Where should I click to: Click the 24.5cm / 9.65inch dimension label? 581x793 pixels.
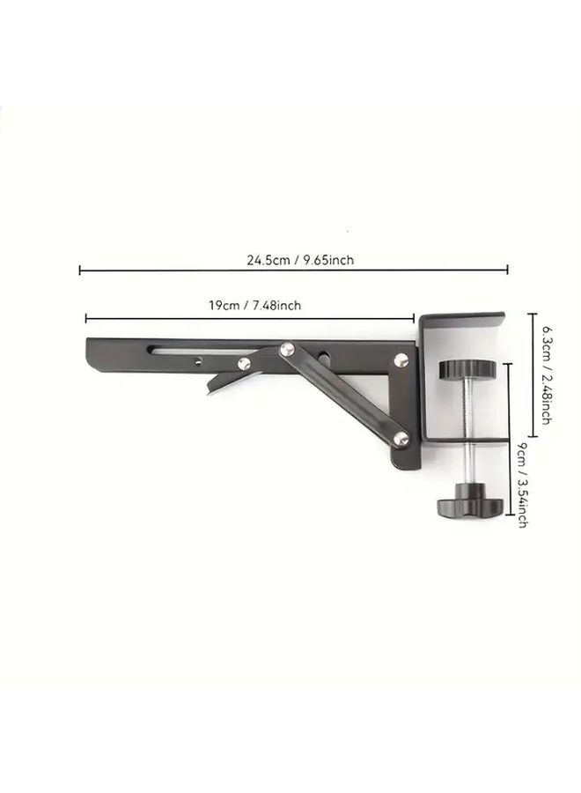[x=300, y=260]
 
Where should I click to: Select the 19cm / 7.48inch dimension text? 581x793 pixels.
[x=254, y=306]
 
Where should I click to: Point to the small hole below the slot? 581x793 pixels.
[x=198, y=361]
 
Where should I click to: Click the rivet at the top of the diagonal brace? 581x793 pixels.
[x=287, y=348]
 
